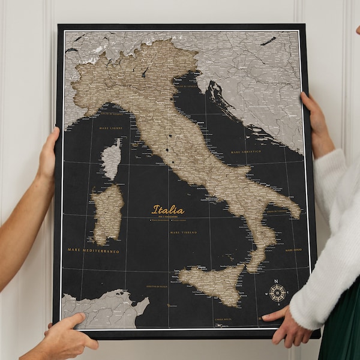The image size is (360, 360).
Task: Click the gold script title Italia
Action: tap(168, 210)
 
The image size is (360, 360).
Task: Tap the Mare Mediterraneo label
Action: tap(93, 250)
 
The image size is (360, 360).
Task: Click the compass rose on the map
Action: tap(277, 293)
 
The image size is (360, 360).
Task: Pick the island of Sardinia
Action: tap(107, 213)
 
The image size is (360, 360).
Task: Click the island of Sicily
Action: tap(213, 283)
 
